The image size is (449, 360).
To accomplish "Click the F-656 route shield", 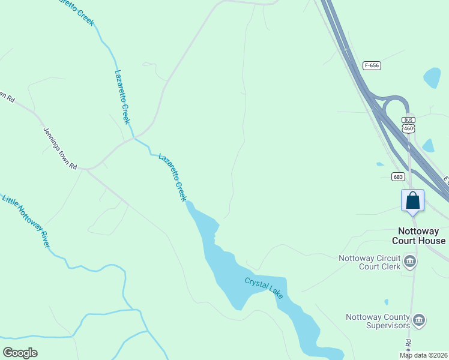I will pos(372,65).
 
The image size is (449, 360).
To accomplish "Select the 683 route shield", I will pos(398,176).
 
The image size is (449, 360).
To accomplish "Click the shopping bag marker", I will pos(412,200).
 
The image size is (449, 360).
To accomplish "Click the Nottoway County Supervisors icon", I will pos(420,320).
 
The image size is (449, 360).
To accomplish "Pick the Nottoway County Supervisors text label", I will pos(378,322).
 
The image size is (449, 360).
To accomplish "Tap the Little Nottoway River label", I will pos(26,220).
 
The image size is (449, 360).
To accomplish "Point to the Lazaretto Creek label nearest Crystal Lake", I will pos(173,177).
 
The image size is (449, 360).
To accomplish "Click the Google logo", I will pos(20,353).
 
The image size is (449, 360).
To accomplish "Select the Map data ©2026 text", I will pos(423,355).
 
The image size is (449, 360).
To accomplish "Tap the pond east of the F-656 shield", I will pos(432,77).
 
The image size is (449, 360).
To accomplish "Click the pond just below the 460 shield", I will pos(428,145).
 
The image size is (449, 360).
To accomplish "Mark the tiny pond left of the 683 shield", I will pos(379,164).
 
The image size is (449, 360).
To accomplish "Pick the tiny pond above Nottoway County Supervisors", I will pos(386,302).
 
